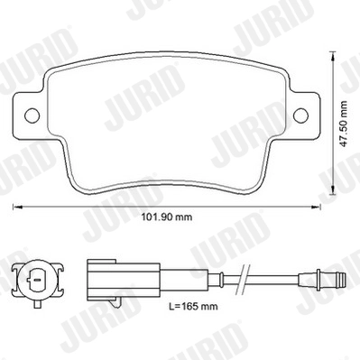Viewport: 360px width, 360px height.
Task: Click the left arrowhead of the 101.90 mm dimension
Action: point(15,207)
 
